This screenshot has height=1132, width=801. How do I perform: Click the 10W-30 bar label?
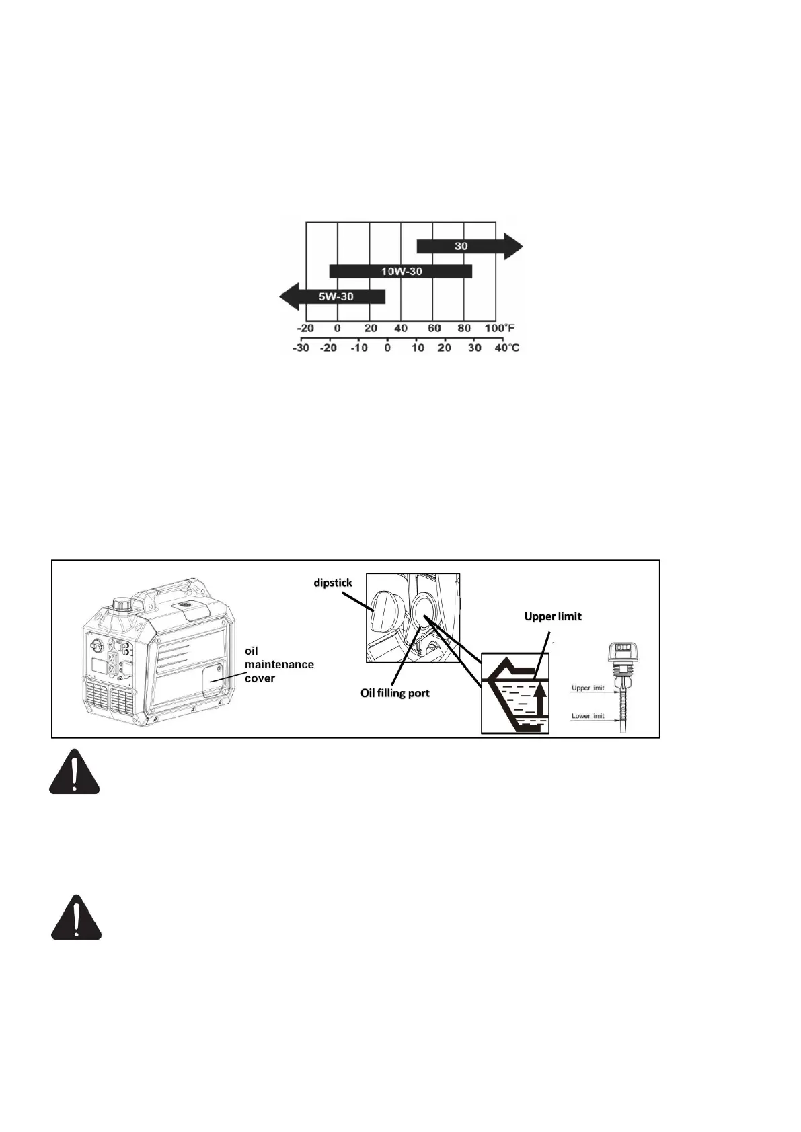pos(402,272)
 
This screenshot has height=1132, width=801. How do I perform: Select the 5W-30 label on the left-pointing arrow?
pos(336,296)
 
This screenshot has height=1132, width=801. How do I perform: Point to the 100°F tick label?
pos(499,329)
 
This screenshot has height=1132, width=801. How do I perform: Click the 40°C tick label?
pos(506,348)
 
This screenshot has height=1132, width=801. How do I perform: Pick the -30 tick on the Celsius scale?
pos(301,348)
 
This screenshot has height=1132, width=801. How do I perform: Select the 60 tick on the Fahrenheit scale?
pos(434,329)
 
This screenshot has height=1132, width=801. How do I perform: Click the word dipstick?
pos(333,583)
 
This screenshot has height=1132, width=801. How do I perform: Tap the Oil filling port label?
pos(395,693)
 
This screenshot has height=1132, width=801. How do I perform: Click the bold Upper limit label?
pos(553,616)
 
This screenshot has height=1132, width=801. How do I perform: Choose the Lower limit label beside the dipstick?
pos(588,716)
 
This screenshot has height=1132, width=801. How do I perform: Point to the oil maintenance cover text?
pos(278,664)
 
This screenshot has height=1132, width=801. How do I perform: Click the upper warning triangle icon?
pos(74,772)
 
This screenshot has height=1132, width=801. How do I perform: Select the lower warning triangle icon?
pos(77,918)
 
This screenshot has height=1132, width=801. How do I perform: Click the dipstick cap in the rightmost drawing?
pos(622,651)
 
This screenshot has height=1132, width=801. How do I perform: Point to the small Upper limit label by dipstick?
pos(588,688)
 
